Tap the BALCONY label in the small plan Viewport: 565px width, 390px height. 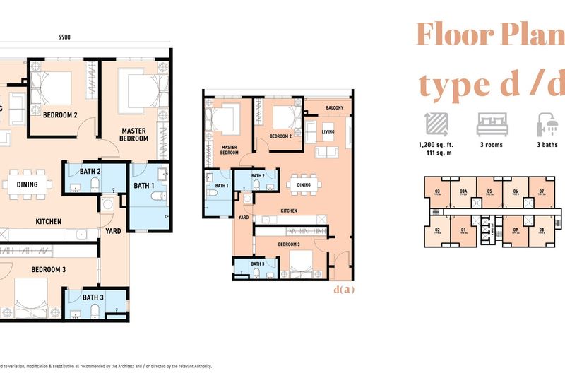(x=335, y=108)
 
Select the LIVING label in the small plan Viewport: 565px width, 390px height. (x=328, y=131)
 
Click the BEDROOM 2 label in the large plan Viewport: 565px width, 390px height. (x=60, y=114)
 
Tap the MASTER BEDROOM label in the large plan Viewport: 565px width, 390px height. (x=134, y=135)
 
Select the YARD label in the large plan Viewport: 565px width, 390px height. (x=114, y=230)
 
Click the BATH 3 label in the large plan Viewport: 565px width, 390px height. (x=93, y=297)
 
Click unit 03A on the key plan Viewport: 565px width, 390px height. (x=463, y=192)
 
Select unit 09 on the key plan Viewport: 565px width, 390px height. (x=516, y=231)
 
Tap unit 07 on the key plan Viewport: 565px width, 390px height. (x=541, y=192)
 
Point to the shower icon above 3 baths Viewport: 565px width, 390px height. (x=547, y=124)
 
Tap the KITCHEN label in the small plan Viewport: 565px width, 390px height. (x=289, y=211)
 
